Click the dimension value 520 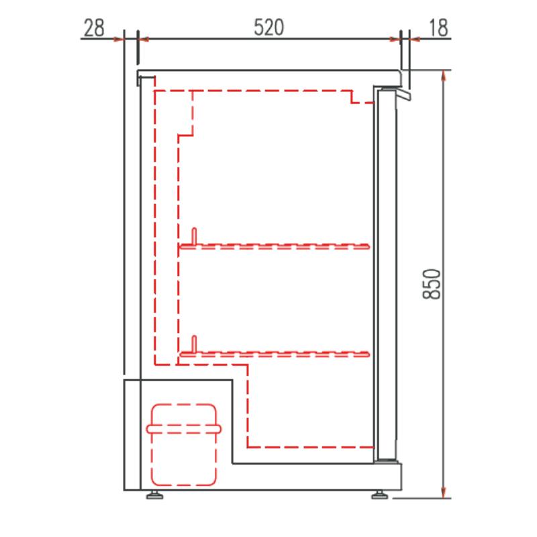pyautogui.click(x=269, y=28)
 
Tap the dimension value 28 pyautogui.click(x=94, y=28)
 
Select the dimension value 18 pyautogui.click(x=438, y=28)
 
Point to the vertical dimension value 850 pyautogui.click(x=432, y=284)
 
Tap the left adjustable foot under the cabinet pyautogui.click(x=155, y=495)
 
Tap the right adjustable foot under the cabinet pyautogui.click(x=380, y=495)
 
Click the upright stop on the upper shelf pyautogui.click(x=194, y=236)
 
